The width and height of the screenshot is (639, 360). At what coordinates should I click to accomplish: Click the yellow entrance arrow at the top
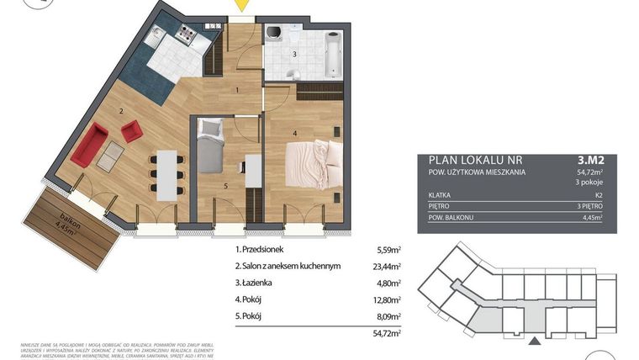click(241, 5)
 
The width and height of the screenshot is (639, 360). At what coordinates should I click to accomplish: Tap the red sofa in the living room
click(88, 145)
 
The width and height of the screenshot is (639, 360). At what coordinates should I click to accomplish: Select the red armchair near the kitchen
click(131, 130)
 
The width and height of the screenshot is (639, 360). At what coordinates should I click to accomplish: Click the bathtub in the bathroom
click(333, 52)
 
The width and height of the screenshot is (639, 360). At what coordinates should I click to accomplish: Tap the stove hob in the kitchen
click(184, 35)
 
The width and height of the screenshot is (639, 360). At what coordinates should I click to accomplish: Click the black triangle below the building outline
click(531, 341)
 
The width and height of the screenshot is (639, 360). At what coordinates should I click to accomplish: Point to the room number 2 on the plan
click(122, 110)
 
